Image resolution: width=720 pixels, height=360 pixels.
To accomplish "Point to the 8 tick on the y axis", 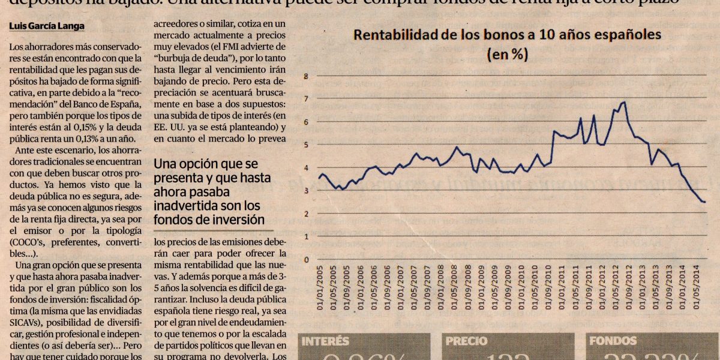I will [305, 76].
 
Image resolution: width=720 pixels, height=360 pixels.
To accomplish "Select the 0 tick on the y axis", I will [305, 260].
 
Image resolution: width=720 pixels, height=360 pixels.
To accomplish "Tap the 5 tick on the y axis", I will [305, 145].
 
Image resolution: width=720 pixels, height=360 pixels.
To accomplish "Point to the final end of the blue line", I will [704, 202].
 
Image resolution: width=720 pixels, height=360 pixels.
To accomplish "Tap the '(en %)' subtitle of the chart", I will [508, 54].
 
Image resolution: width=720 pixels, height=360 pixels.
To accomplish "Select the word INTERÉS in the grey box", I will [326, 341].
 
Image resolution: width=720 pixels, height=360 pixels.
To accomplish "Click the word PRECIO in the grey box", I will [466, 341].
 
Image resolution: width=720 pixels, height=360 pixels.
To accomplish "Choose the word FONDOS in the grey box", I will [613, 341].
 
